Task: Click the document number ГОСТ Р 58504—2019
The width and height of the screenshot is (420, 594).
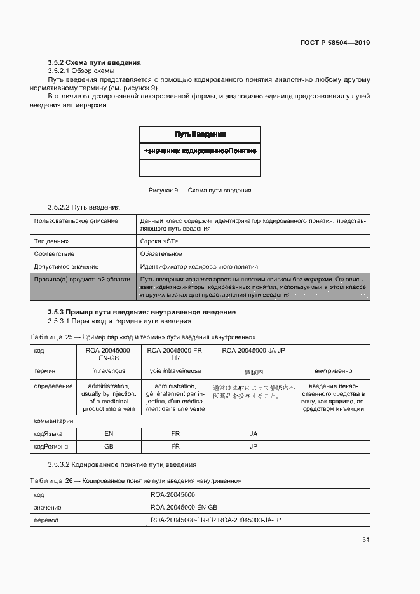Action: coord(335,43)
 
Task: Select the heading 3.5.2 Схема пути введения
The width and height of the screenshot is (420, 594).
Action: coord(94,62)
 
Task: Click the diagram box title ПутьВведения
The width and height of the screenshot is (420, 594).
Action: coord(200,134)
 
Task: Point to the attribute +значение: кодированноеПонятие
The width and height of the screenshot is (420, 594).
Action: coord(200,151)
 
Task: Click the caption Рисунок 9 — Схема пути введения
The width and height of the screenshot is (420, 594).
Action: coord(200,190)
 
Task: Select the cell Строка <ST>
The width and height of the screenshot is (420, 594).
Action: coord(159,241)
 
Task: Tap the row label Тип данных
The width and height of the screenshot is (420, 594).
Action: coord(51,241)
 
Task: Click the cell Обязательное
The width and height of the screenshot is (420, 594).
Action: coord(161,253)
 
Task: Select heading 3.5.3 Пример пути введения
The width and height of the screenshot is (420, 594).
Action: coord(142,312)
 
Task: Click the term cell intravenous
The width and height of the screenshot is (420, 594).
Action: coord(109,370)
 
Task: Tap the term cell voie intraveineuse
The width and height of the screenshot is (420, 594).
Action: coord(175,370)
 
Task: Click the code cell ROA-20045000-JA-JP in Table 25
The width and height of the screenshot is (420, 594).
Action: coord(253,349)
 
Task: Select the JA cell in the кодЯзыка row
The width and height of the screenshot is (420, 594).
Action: coord(253,433)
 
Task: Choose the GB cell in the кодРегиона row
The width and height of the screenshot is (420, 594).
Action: coord(109,446)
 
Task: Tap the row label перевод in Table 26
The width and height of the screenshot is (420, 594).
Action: coord(46,520)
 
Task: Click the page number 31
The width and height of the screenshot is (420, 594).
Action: coord(365,540)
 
